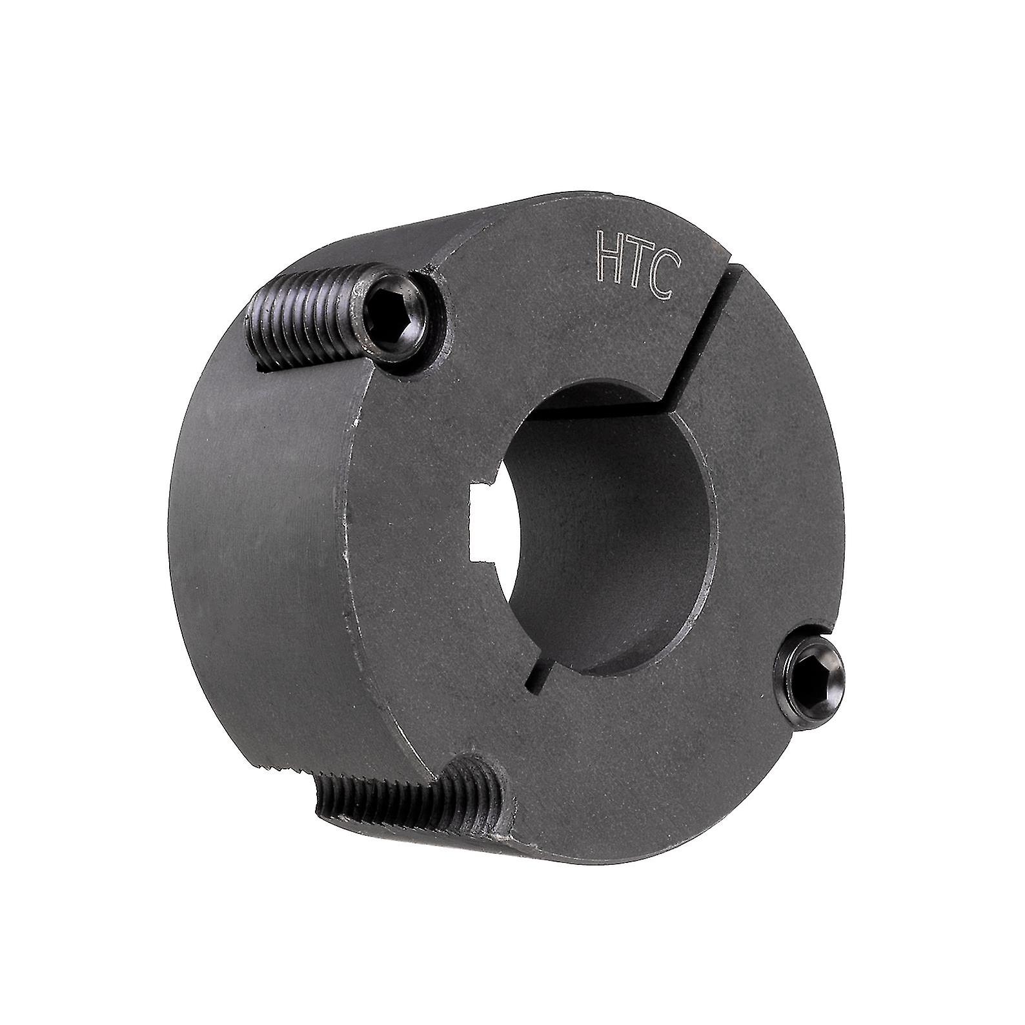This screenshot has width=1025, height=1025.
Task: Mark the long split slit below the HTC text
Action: (x=704, y=336)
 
